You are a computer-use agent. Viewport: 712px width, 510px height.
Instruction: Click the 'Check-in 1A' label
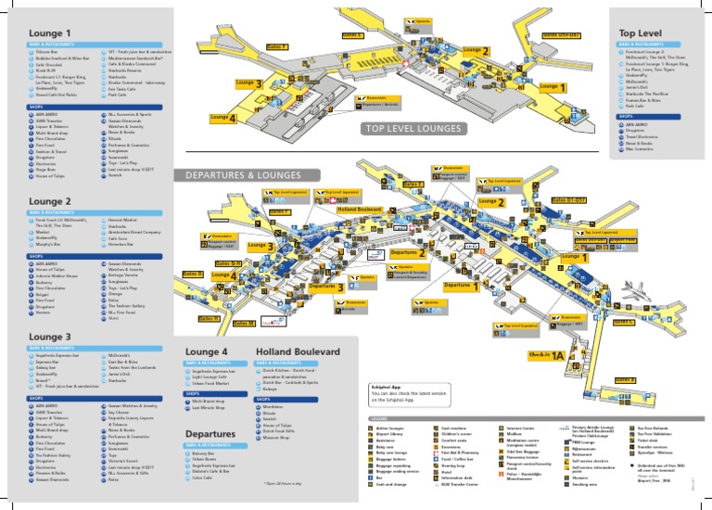546,355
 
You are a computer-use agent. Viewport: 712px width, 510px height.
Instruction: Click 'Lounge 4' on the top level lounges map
223,118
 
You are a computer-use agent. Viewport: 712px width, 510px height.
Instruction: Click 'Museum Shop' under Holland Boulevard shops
277,438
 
